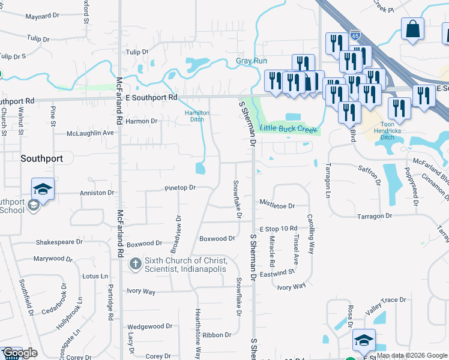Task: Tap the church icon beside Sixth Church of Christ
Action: click(x=136, y=264)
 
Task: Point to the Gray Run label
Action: click(x=251, y=61)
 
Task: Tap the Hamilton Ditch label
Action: click(x=197, y=116)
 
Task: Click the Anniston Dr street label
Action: click(x=97, y=193)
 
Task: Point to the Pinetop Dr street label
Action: click(x=180, y=188)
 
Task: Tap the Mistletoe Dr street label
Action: click(x=277, y=206)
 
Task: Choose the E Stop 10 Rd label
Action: click(x=279, y=229)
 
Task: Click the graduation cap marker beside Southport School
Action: click(x=43, y=189)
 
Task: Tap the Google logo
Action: click(x=20, y=353)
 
